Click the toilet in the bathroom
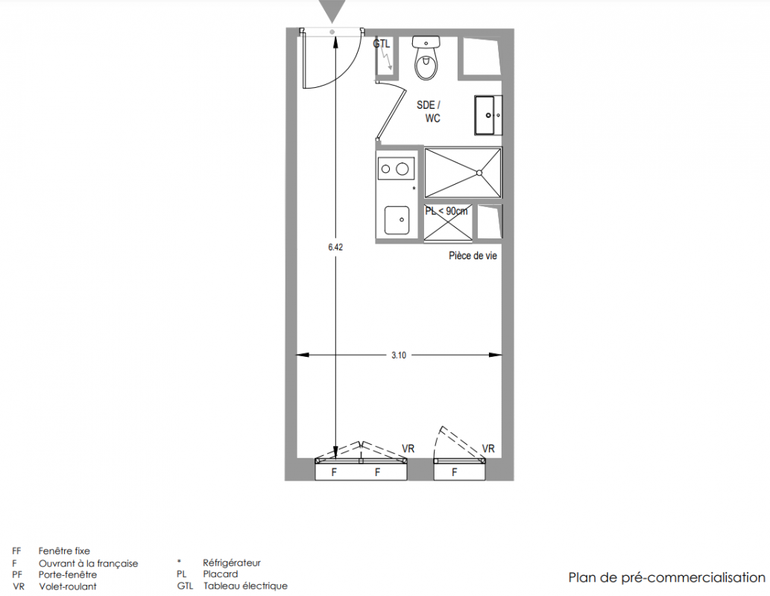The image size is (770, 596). click(x=426, y=58)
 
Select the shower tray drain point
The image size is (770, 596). click(x=479, y=172)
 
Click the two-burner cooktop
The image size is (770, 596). click(x=395, y=169)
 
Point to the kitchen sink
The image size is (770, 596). click(x=397, y=220)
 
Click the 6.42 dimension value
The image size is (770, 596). click(x=335, y=247)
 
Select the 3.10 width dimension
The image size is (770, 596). click(x=399, y=355)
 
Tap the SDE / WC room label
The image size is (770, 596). click(x=429, y=112)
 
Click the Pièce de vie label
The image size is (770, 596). click(x=473, y=256)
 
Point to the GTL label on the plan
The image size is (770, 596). click(x=382, y=44)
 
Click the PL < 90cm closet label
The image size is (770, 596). click(x=446, y=211)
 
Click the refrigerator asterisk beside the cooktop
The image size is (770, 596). click(x=414, y=188)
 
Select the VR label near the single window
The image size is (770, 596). click(x=488, y=448)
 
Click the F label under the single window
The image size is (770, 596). click(x=455, y=472)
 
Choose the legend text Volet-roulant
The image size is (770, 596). click(x=68, y=586)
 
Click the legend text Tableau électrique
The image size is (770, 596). click(x=245, y=586)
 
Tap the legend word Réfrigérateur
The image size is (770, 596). click(x=232, y=563)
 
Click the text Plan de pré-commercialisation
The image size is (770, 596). click(x=667, y=577)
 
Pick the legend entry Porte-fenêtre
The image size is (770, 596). click(x=68, y=574)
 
